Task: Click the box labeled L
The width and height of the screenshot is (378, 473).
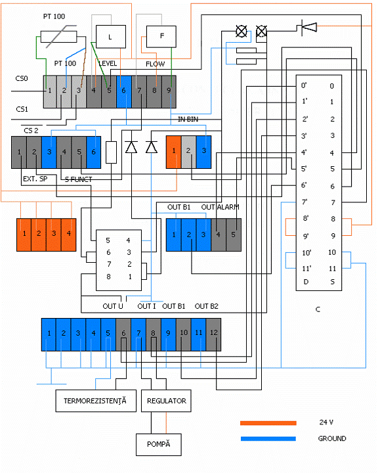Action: click(111, 37)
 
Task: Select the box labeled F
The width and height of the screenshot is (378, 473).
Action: click(161, 37)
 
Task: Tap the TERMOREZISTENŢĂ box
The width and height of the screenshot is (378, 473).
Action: click(96, 401)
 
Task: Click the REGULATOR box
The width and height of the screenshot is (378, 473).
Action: click(166, 401)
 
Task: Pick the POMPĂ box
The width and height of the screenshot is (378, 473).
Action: click(159, 445)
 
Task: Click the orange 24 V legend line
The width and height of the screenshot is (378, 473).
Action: click(268, 423)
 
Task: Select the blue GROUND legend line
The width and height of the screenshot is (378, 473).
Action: click(268, 439)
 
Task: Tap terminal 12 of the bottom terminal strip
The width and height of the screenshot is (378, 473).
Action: click(213, 334)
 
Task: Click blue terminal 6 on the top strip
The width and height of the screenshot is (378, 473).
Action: click(124, 92)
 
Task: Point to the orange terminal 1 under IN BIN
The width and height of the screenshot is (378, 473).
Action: click(174, 152)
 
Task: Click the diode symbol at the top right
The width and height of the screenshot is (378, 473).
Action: click(309, 27)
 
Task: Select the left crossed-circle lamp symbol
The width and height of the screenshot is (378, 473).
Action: click(241, 31)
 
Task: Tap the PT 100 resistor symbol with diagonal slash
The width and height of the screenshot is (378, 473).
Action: click(59, 37)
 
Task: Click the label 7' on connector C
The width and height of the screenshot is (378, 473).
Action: click(304, 202)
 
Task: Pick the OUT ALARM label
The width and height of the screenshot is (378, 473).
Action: click(220, 207)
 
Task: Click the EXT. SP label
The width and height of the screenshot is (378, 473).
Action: click(35, 179)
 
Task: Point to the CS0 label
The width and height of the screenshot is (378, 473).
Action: click(22, 78)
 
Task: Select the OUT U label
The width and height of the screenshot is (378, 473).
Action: click(113, 306)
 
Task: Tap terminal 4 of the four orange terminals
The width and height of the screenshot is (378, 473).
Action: click(69, 235)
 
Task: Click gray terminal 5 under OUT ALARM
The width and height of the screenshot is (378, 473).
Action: click(234, 235)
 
